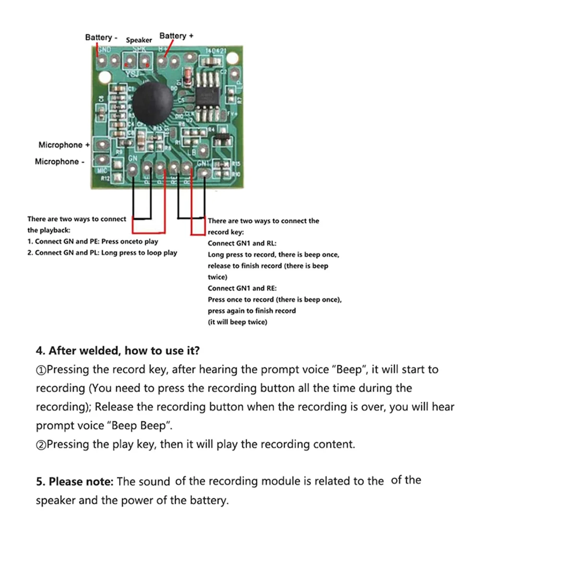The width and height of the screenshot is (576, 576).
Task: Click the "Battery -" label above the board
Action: pos(101,37)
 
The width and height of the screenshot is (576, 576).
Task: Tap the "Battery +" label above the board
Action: pos(176,36)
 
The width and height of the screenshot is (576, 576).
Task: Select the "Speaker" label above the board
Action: pos(139,40)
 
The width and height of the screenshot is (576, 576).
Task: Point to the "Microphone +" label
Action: pos(64,145)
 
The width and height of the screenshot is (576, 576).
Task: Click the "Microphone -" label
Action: pos(60,162)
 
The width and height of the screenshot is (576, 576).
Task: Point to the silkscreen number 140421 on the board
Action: pos(216,50)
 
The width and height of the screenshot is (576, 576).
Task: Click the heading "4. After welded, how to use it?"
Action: pos(118,351)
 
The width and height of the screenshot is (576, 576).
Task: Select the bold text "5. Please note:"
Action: pos(75,481)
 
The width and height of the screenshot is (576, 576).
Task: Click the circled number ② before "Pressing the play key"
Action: pos(41,444)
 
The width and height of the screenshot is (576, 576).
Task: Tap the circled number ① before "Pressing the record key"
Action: pos(41,370)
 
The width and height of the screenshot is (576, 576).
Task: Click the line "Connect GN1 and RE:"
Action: pos(242,288)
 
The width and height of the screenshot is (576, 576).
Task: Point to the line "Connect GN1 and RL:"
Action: pos(242,243)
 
